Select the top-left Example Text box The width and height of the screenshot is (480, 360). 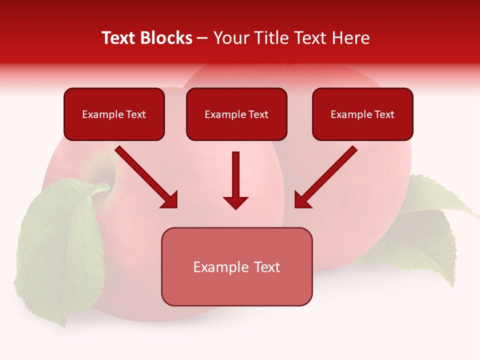click(x=114, y=114)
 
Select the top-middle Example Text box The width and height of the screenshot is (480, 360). click(x=236, y=114)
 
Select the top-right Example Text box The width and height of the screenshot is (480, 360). click(x=362, y=114)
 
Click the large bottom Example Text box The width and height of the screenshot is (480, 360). click(x=236, y=266)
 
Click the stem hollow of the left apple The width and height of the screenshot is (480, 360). click(x=107, y=177)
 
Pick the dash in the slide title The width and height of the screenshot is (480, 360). click(x=202, y=38)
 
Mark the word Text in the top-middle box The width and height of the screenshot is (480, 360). click(x=257, y=114)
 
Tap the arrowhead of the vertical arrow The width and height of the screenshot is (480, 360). click(x=235, y=202)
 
